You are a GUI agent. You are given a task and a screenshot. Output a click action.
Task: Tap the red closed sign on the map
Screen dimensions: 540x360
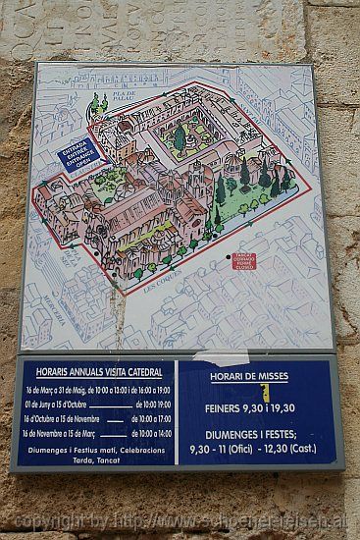(242, 260)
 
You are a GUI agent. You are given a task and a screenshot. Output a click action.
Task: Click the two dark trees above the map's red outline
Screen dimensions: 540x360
(99, 102)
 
